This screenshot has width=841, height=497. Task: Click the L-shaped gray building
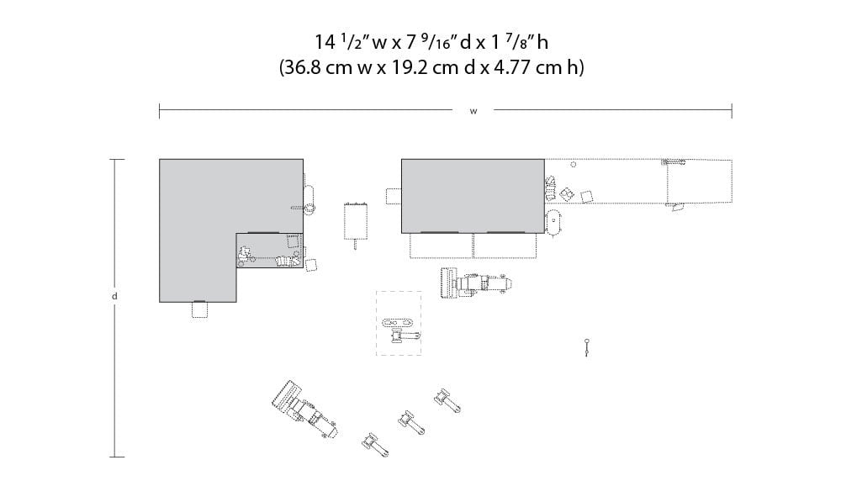[x=198, y=230]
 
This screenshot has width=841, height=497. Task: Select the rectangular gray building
[x=473, y=196]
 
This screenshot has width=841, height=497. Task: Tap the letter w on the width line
[x=473, y=112]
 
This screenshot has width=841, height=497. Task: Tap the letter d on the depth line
[x=114, y=296]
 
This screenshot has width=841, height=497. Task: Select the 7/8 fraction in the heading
[x=517, y=42]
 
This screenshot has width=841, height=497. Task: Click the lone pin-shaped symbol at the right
[x=587, y=346]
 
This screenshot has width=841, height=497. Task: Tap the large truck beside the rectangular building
[x=476, y=283]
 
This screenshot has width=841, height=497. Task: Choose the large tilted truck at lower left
[x=304, y=410]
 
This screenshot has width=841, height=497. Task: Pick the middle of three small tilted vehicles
[x=412, y=423]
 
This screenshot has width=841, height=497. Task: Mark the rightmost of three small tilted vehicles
[x=447, y=400]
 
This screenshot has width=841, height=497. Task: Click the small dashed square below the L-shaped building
[x=199, y=309]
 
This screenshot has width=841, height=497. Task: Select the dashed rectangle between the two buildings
[x=356, y=221]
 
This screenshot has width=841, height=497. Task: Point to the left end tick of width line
[x=159, y=111]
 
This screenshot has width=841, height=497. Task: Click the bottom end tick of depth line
[x=117, y=457]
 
